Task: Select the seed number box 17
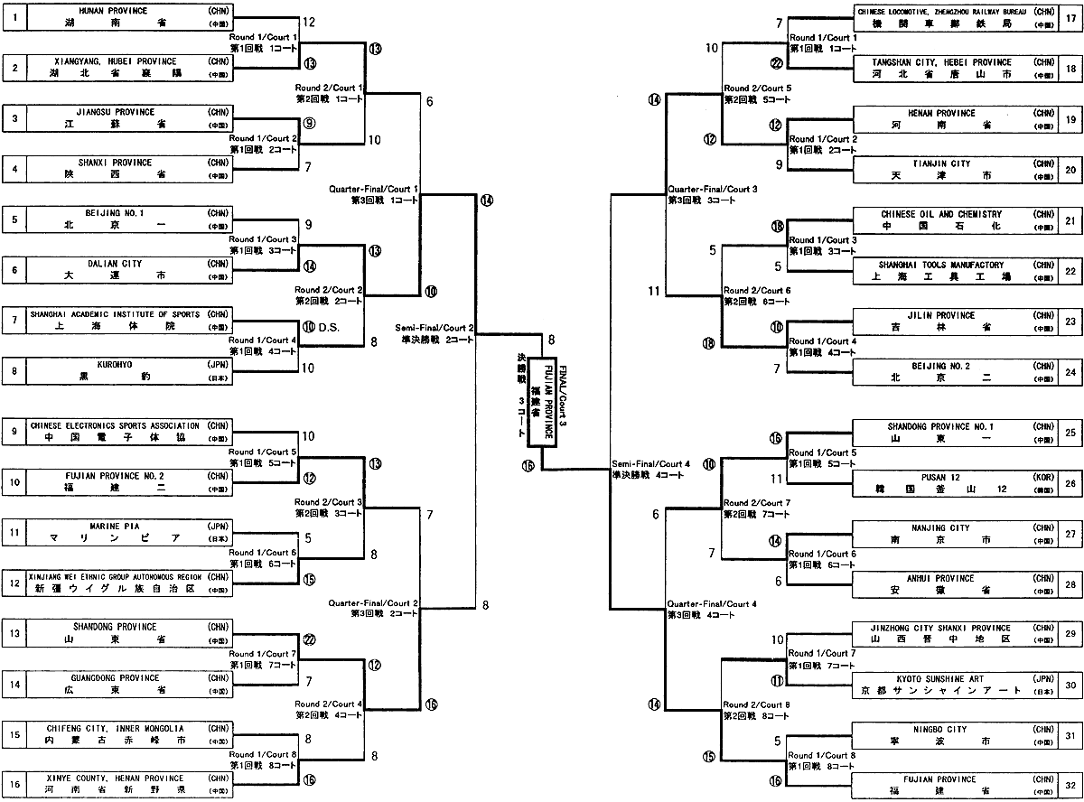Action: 1070,18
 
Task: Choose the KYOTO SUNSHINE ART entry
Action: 939,678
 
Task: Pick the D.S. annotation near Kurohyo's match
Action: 328,327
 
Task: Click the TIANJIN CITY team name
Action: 939,163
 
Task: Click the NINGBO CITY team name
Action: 939,729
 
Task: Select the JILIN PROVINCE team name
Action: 939,315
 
